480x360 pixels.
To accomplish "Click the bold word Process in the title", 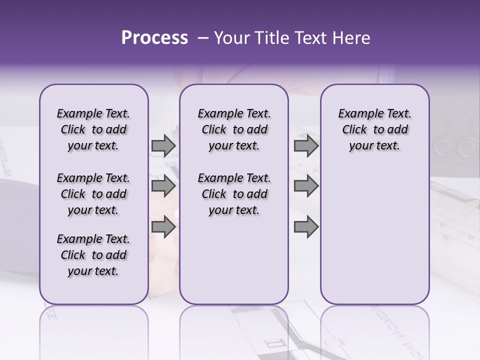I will [154, 38].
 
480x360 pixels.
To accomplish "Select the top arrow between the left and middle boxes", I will [163, 146].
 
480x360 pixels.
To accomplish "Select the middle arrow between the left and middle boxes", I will [163, 186].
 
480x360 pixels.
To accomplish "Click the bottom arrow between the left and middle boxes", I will [163, 227].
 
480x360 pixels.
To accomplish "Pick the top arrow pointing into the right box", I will [306, 146].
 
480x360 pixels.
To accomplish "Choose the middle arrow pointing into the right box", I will [306, 186].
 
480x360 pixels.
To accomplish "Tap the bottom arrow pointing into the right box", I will [306, 227].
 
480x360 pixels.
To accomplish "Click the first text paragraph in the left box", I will [93, 129].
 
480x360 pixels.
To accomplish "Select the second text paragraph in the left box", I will [93, 194].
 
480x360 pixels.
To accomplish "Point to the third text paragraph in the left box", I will [93, 255].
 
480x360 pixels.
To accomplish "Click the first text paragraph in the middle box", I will [234, 129].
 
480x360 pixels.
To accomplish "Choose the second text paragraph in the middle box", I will [234, 194].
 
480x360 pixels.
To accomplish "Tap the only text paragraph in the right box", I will [374, 129].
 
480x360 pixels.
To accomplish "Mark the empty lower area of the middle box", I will [234, 260].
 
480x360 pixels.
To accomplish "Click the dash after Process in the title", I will [203, 38].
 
